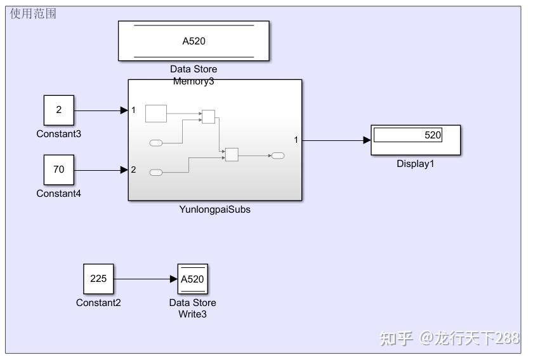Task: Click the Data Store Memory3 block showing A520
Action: [x=194, y=41]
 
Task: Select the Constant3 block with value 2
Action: [x=59, y=110]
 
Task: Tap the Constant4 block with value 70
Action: [x=59, y=170]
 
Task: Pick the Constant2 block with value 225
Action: [x=98, y=279]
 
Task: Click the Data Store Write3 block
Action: [x=192, y=279]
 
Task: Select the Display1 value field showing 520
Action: [x=407, y=135]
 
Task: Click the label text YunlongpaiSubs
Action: [x=214, y=210]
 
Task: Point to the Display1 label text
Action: [x=415, y=164]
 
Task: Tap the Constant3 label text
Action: [x=59, y=134]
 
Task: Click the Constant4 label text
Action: [x=59, y=194]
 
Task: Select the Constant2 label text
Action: [x=98, y=303]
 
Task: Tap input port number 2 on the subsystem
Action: [x=133, y=170]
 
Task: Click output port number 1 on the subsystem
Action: [x=296, y=140]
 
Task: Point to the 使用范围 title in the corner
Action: [x=33, y=13]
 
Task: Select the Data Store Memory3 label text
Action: [x=194, y=75]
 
